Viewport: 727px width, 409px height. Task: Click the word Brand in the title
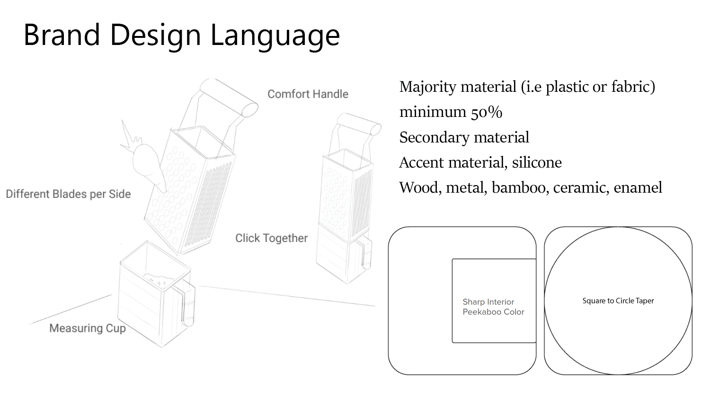point(62,35)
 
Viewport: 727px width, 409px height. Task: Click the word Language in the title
point(275,36)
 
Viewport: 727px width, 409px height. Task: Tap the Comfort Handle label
point(308,94)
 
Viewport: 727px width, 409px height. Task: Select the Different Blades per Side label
point(68,194)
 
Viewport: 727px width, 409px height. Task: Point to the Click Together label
point(271,238)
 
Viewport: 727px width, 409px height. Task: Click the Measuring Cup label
point(88,328)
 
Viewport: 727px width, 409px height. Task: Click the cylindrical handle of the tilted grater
point(229,97)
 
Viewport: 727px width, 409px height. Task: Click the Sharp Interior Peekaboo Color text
point(493,307)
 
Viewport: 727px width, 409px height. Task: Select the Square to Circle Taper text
point(618,301)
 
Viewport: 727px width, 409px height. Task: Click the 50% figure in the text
point(486,112)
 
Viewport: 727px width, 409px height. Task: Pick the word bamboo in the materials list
point(519,187)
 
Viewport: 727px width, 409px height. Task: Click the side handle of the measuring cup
point(188,305)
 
